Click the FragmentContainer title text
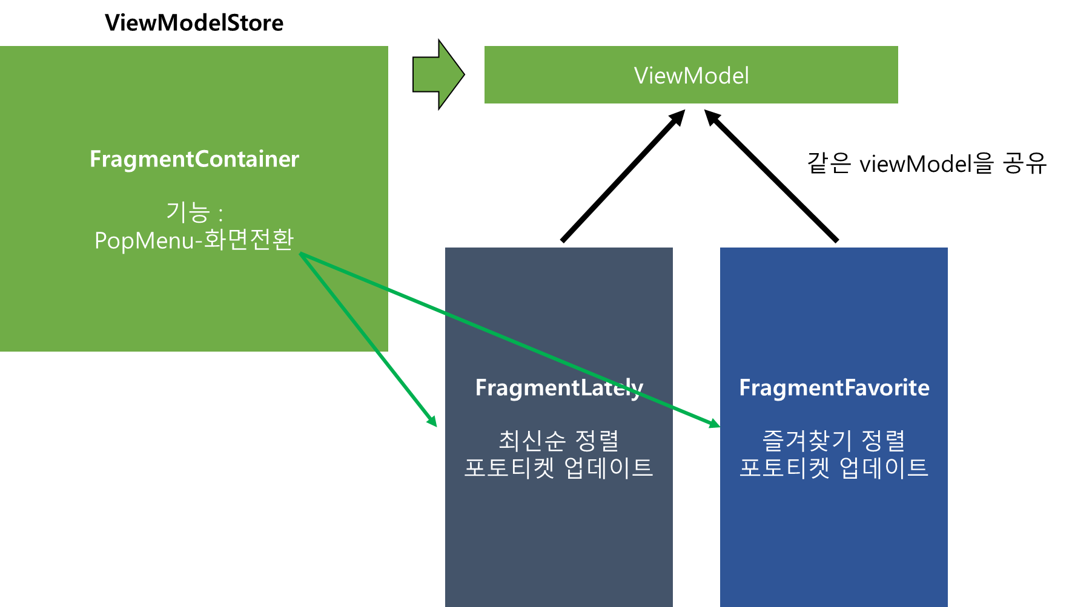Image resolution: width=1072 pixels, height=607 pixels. tap(194, 159)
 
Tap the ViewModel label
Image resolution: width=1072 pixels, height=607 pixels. tap(691, 76)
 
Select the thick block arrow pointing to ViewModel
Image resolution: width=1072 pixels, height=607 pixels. tap(438, 75)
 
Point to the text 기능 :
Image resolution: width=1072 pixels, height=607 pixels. tap(194, 212)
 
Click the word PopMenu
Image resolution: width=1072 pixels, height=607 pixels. tap(144, 241)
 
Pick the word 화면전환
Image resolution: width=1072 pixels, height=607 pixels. tap(248, 240)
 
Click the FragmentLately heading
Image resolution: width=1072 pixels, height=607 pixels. tap(558, 388)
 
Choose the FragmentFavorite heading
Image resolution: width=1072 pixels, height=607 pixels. tap(834, 388)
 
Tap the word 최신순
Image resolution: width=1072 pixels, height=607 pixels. tap(532, 441)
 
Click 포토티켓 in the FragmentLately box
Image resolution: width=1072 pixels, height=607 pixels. tap(509, 468)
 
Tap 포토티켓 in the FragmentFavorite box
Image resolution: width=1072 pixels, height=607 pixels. tap(784, 468)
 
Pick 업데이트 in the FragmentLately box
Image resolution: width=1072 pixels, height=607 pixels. tap(609, 468)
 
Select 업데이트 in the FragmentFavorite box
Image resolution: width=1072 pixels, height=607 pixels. tap(884, 468)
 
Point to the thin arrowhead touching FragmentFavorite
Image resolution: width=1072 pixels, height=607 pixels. tap(714, 424)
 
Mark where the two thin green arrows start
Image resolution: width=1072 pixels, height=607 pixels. tap(301, 255)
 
